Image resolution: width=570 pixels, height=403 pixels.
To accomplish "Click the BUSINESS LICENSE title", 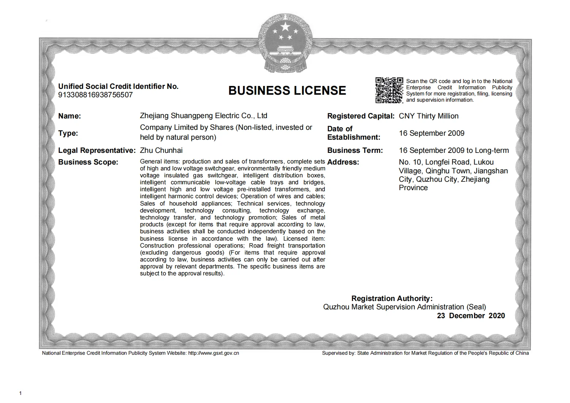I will click(287, 91).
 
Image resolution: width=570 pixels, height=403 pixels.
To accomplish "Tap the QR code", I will click(389, 90).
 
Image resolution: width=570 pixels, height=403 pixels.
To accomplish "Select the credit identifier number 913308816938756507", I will click(95, 95).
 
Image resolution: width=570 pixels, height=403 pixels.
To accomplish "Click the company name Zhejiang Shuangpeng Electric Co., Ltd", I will click(203, 116).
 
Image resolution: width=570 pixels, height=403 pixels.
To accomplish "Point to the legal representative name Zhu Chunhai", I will click(161, 150).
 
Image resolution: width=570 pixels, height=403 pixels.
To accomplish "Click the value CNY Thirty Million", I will click(429, 116).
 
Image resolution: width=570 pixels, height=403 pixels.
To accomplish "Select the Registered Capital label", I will click(361, 116).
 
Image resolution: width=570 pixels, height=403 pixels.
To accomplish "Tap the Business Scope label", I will click(88, 162).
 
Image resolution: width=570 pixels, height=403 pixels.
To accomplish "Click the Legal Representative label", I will click(97, 150).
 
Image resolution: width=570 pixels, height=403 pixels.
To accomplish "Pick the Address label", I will click(343, 162).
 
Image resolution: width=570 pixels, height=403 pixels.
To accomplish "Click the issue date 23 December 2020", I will click(471, 316).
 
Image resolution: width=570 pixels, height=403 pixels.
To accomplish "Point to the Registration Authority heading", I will click(392, 298).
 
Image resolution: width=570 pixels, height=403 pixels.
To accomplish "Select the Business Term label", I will click(355, 150).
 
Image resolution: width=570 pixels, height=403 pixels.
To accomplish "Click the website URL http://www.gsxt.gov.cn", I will click(214, 353).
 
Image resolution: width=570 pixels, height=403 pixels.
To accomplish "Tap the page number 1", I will click(20, 393).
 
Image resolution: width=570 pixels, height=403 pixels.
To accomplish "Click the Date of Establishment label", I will click(353, 133).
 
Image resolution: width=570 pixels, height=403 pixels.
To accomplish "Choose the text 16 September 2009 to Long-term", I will click(454, 150).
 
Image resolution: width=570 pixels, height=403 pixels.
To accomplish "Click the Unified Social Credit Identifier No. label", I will click(118, 87).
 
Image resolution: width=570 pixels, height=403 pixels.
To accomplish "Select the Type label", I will click(68, 133).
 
